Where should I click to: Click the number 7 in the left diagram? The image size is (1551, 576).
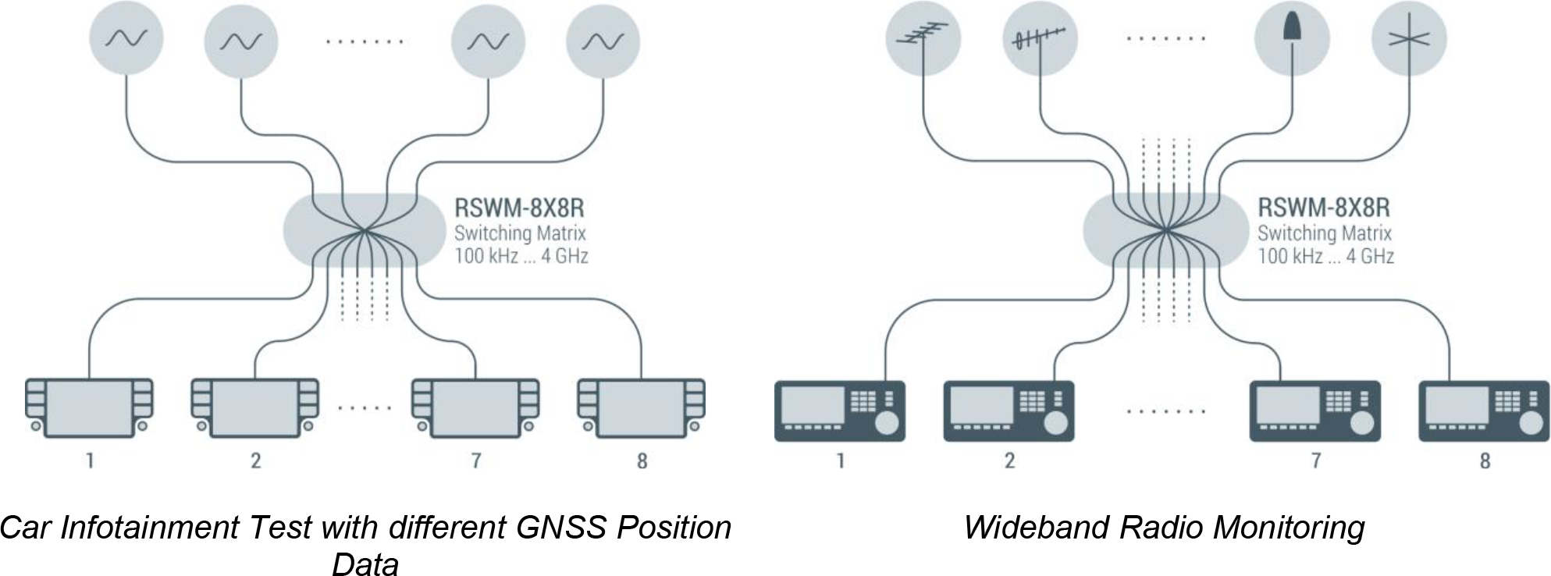click(475, 460)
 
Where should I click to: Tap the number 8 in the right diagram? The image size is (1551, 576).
click(1484, 460)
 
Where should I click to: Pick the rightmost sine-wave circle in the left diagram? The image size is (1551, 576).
click(603, 41)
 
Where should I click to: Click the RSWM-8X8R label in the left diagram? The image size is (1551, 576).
click(519, 208)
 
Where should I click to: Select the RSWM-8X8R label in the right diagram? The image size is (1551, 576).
click(1324, 208)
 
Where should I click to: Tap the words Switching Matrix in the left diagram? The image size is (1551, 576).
click(520, 233)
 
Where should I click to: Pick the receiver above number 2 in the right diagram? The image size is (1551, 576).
click(1009, 411)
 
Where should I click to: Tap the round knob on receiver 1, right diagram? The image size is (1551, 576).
click(887, 423)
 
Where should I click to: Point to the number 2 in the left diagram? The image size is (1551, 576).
click(255, 460)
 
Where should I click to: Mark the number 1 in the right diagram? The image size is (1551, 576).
click(841, 460)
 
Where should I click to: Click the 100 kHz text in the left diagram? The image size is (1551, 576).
click(486, 255)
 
